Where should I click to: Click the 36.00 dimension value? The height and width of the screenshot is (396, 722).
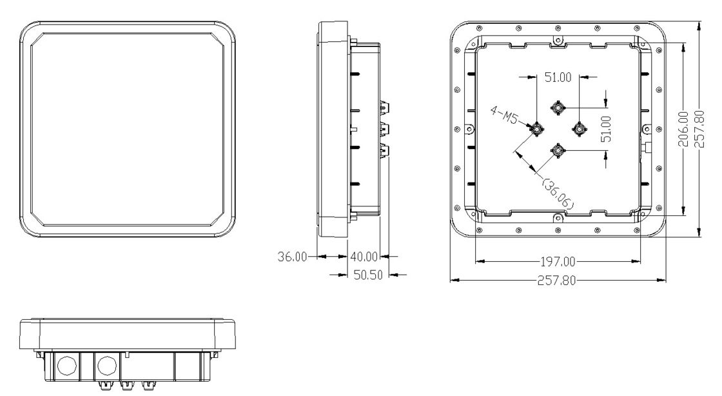pyautogui.click(x=292, y=257)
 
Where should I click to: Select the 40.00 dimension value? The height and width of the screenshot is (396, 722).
pyautogui.click(x=364, y=257)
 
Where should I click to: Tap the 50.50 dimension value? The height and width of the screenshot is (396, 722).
pyautogui.click(x=368, y=275)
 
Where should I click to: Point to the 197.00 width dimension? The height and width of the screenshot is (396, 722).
pyautogui.click(x=558, y=262)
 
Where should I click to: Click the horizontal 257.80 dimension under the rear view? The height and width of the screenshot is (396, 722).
pyautogui.click(x=557, y=281)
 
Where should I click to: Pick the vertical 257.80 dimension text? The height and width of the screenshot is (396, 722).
pyautogui.click(x=699, y=128)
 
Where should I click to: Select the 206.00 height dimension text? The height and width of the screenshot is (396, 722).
pyautogui.click(x=684, y=128)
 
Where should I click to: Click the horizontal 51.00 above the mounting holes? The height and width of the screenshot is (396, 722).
pyautogui.click(x=558, y=77)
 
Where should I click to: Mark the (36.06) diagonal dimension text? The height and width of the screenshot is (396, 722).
pyautogui.click(x=558, y=193)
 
